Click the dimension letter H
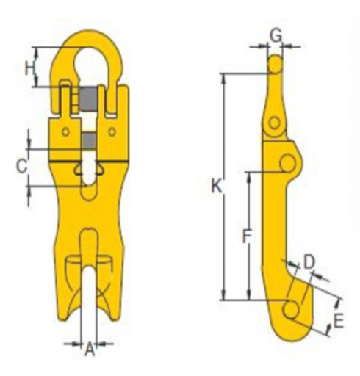tap(29, 68)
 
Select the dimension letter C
tap(21, 166)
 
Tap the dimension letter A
tap(90, 350)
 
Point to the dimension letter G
tap(276, 36)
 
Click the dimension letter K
tap(217, 187)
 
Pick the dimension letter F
tap(247, 236)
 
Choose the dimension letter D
tap(309, 262)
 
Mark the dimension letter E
tap(339, 321)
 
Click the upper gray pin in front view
tap(88, 100)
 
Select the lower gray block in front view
tap(88, 141)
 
